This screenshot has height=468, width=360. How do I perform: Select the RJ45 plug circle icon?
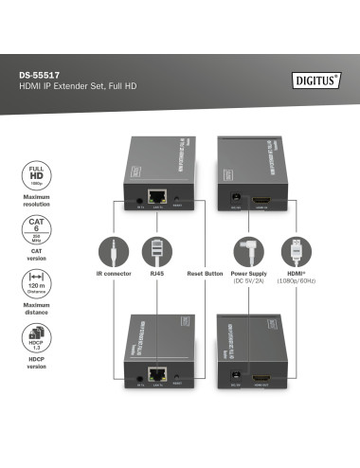tap(157, 253)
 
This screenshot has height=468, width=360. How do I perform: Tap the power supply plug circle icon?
tap(250, 253)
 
